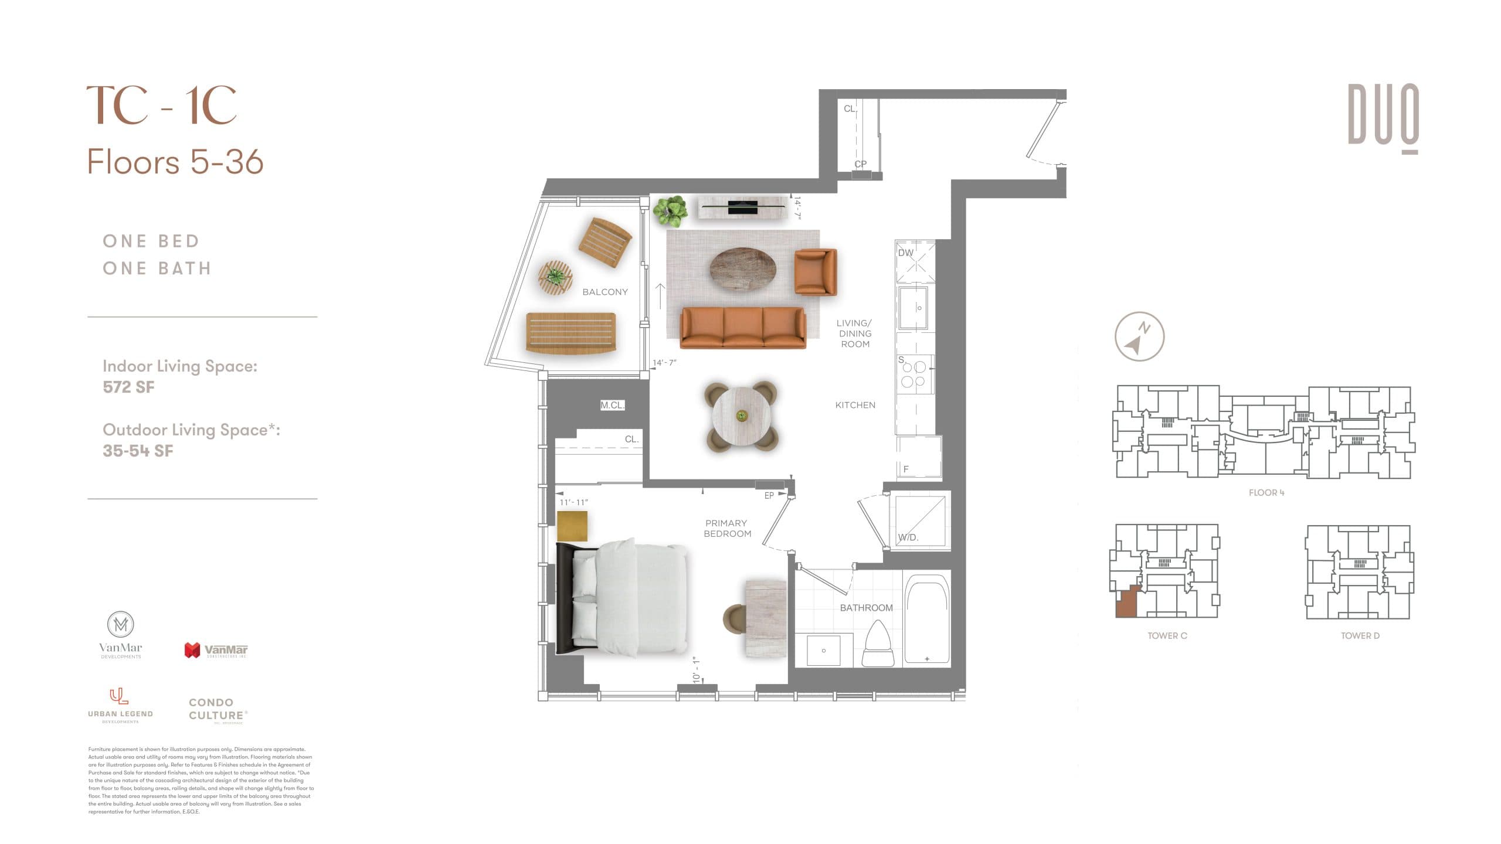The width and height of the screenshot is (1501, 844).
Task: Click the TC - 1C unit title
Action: [162, 105]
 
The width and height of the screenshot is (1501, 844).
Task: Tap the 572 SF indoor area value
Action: [128, 387]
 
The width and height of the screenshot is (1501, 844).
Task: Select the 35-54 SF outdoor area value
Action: [138, 451]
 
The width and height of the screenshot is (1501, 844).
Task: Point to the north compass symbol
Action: [1139, 336]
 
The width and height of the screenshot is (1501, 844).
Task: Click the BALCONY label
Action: [605, 292]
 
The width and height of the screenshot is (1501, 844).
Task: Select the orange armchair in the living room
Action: [815, 272]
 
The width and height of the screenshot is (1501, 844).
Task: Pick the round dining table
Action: [742, 416]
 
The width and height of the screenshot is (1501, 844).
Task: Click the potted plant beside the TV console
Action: [670, 211]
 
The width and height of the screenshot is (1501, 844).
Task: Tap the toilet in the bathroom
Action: [878, 645]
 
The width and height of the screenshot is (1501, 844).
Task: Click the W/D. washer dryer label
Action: [908, 537]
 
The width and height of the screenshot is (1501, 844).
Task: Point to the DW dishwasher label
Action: [906, 253]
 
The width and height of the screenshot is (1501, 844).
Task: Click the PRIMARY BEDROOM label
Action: [727, 528]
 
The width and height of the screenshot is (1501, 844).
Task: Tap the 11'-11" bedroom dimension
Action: [573, 502]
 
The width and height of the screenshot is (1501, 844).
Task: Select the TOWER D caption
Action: [1360, 636]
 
